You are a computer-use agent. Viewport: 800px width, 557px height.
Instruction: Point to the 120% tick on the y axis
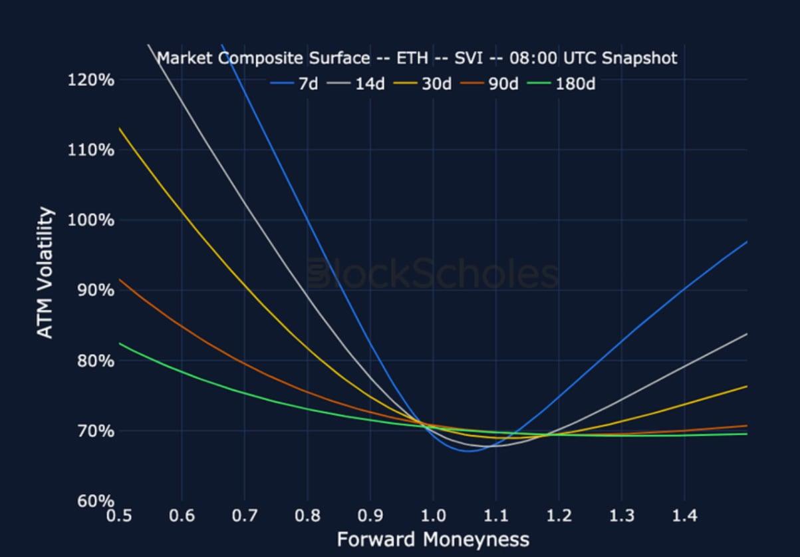(90, 80)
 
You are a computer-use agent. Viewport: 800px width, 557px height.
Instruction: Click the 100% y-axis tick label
(90, 220)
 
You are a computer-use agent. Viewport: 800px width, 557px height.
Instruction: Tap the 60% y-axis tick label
(90, 501)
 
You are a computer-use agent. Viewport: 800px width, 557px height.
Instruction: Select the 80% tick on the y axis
(90, 361)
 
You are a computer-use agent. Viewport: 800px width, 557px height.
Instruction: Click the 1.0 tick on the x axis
(433, 516)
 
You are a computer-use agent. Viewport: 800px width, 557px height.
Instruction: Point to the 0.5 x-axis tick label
(119, 516)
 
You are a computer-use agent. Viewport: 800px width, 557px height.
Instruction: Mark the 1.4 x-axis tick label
(684, 516)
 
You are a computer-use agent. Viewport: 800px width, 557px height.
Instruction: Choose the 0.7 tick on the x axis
(245, 516)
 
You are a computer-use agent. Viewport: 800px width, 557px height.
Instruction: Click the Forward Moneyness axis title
(433, 539)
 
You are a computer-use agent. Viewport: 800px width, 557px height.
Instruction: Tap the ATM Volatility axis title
(45, 273)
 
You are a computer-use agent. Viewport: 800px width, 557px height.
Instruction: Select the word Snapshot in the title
(639, 58)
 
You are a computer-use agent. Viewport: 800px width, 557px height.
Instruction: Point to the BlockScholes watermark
(433, 274)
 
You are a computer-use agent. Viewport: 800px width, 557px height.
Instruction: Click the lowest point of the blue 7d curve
(468, 451)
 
